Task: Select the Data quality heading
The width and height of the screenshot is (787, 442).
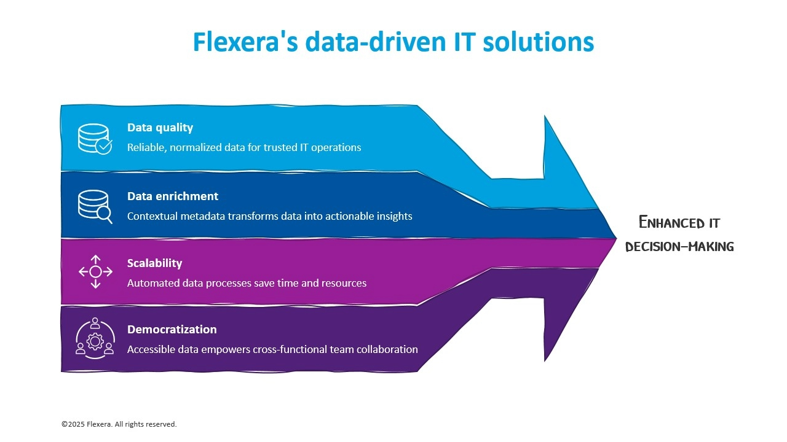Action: [x=160, y=128]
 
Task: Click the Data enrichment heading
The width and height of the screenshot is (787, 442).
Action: [x=173, y=196]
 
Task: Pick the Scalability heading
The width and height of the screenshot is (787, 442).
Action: [x=155, y=263]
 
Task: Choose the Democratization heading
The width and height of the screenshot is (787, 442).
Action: [x=172, y=330]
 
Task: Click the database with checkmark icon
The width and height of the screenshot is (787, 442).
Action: [x=95, y=139]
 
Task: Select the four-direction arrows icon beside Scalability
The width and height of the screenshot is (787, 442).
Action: [x=95, y=271]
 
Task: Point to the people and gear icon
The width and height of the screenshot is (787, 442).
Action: [x=95, y=337]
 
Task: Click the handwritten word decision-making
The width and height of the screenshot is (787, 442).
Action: [x=679, y=247]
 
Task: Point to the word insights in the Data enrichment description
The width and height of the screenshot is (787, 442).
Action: [x=394, y=216]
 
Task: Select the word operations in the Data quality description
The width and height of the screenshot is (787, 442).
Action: [x=334, y=147]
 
